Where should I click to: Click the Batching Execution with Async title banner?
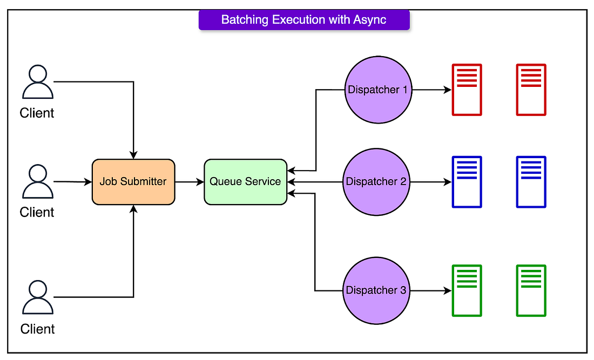click(304, 19)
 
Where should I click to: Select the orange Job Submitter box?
click(133, 182)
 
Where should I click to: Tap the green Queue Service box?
click(246, 182)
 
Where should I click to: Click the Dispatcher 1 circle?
click(378, 90)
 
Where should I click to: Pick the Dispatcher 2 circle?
click(376, 182)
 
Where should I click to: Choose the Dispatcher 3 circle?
click(376, 290)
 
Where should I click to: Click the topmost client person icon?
click(37, 81)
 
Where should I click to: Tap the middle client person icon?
click(37, 181)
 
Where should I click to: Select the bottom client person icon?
click(37, 297)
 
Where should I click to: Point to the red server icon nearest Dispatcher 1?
click(467, 90)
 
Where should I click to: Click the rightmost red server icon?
click(531, 90)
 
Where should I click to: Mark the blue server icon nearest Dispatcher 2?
click(467, 182)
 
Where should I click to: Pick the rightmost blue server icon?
click(531, 182)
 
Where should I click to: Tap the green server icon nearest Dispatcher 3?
click(467, 290)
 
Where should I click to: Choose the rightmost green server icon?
click(531, 290)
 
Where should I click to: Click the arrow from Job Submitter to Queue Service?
click(190, 182)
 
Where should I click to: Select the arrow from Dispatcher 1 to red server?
click(431, 90)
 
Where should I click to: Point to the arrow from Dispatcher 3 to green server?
click(431, 290)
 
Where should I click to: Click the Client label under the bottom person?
click(37, 329)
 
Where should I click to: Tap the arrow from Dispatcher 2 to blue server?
click(431, 182)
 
